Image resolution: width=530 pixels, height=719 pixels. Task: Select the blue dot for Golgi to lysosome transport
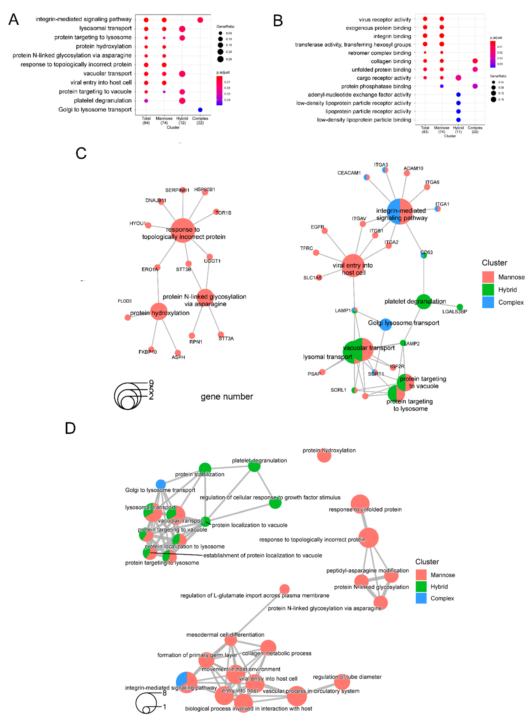[x=200, y=110]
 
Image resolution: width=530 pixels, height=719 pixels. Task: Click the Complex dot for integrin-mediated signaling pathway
[x=200, y=20]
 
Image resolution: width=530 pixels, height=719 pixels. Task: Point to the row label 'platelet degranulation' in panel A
[x=103, y=101]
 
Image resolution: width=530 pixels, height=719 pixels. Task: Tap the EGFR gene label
[x=317, y=227]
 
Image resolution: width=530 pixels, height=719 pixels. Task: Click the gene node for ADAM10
[x=407, y=174]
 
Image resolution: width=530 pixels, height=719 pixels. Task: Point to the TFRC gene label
[x=306, y=248]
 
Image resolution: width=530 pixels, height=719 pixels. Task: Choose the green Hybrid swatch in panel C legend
[x=488, y=289]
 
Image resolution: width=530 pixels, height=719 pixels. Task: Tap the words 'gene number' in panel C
[x=227, y=397]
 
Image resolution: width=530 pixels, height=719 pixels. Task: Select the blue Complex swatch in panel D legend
[x=421, y=598]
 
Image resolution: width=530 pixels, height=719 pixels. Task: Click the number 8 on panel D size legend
[x=165, y=693]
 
